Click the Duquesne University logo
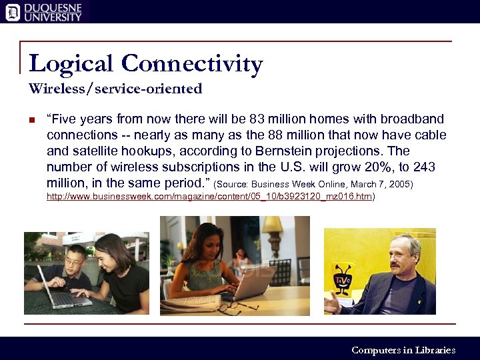(x=44, y=11)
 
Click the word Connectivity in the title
(x=192, y=64)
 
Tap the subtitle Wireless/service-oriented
(x=115, y=88)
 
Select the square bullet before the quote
(x=31, y=121)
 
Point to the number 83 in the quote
(x=257, y=119)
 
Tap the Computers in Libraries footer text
(x=403, y=350)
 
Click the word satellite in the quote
(x=91, y=151)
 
